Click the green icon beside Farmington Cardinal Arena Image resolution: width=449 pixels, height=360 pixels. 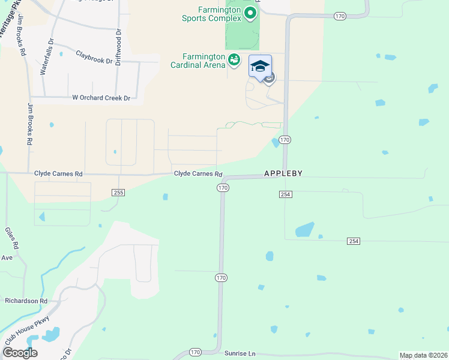234,59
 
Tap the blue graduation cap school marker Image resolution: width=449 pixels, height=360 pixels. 260,67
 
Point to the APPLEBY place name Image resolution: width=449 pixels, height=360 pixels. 283,173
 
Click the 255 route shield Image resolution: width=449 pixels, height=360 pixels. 118,192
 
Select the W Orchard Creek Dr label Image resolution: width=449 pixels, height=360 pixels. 101,98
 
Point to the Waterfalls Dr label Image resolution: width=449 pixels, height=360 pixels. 46,57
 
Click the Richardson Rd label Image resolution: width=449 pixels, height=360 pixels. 26,301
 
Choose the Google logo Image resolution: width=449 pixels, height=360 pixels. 20,353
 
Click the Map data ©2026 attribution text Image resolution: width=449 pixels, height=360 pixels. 423,355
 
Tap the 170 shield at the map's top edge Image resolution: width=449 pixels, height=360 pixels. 340,16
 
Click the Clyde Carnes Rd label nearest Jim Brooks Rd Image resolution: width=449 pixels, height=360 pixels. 58,173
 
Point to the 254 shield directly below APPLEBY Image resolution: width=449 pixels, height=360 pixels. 285,194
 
